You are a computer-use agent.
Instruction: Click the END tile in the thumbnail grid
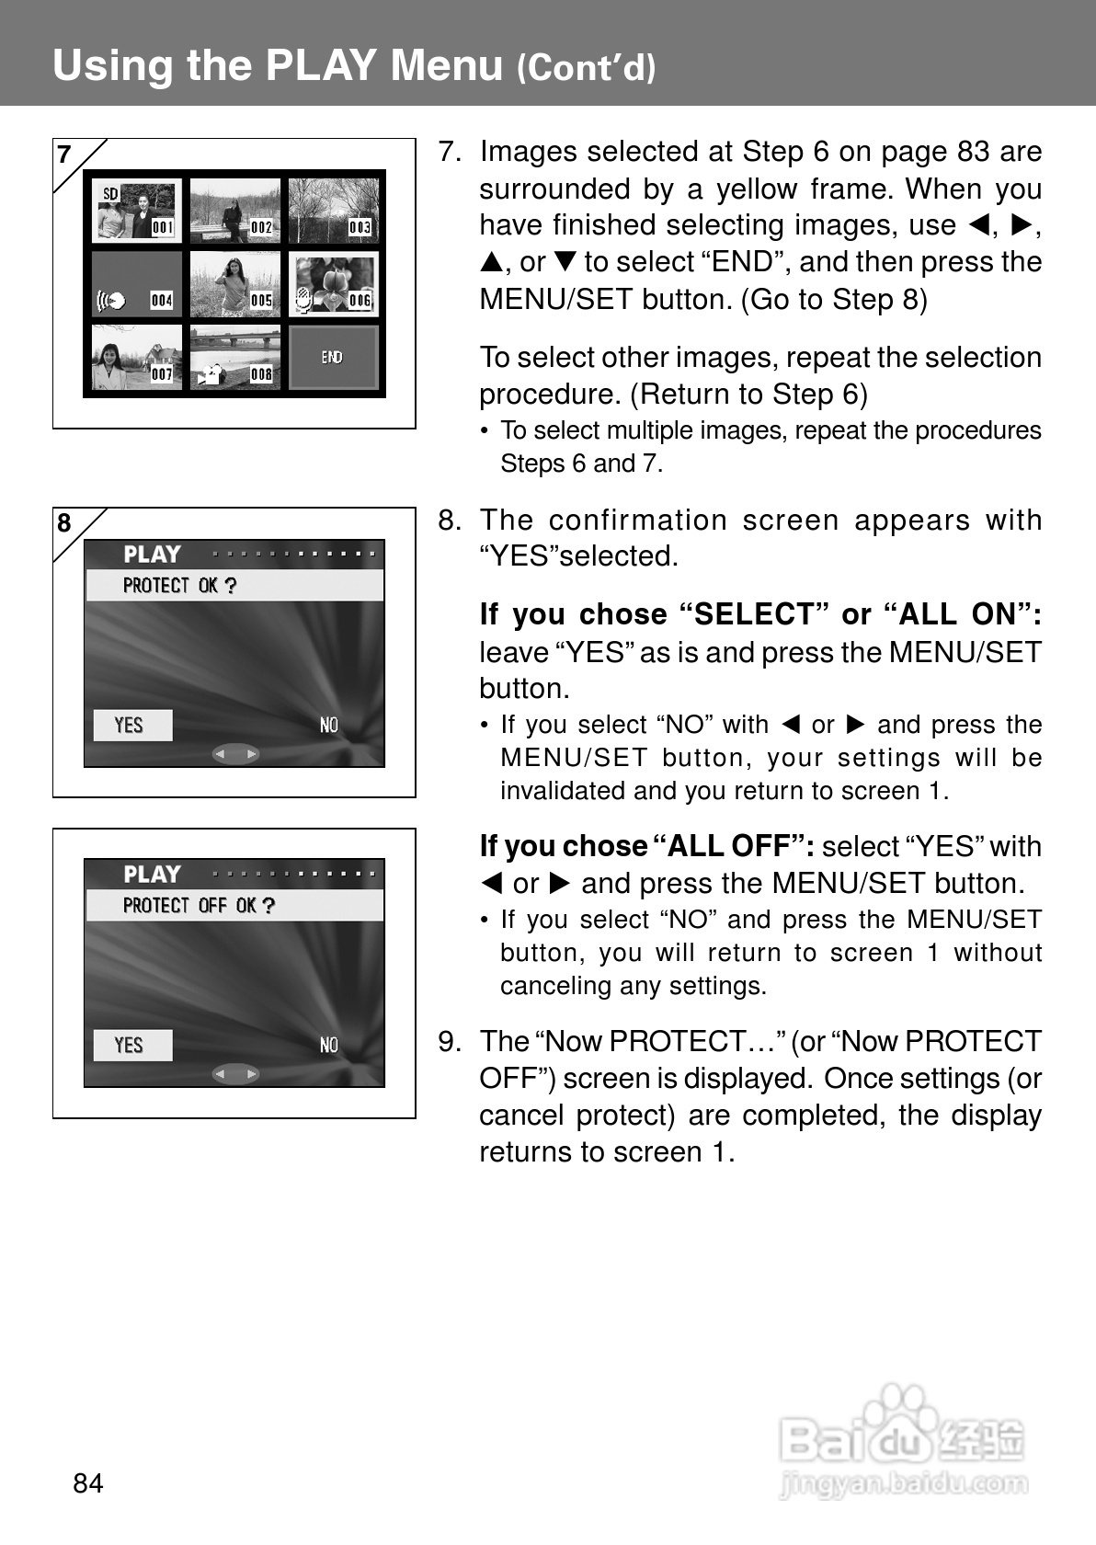(x=333, y=357)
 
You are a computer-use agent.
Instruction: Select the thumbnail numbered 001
(x=136, y=211)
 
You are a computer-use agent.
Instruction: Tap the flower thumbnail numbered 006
(x=333, y=284)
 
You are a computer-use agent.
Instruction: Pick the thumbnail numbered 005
(x=234, y=284)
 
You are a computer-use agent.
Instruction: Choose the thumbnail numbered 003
(x=333, y=211)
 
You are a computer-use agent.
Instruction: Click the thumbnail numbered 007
(x=136, y=358)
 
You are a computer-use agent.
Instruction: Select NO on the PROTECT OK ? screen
(x=328, y=726)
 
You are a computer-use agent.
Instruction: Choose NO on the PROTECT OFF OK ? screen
(x=328, y=1046)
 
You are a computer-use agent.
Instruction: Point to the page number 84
(x=88, y=1483)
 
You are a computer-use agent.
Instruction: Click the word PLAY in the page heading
(x=321, y=65)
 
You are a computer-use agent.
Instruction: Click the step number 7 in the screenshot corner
(x=64, y=154)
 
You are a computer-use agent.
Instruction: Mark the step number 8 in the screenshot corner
(x=64, y=523)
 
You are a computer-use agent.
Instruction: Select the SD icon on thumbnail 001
(x=110, y=194)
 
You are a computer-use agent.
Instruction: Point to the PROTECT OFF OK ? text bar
(x=234, y=906)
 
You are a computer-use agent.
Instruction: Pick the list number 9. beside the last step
(x=449, y=1042)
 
